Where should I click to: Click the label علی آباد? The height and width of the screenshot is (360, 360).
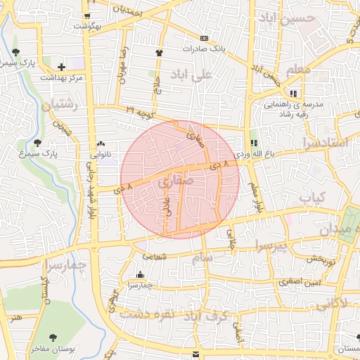[195, 74]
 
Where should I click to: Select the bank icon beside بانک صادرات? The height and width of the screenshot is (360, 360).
[204, 38]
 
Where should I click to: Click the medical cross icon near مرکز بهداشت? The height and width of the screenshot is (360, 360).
[62, 67]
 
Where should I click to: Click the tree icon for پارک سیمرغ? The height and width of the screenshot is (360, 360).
[46, 143]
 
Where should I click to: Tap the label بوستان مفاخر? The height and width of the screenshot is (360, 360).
[49, 349]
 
